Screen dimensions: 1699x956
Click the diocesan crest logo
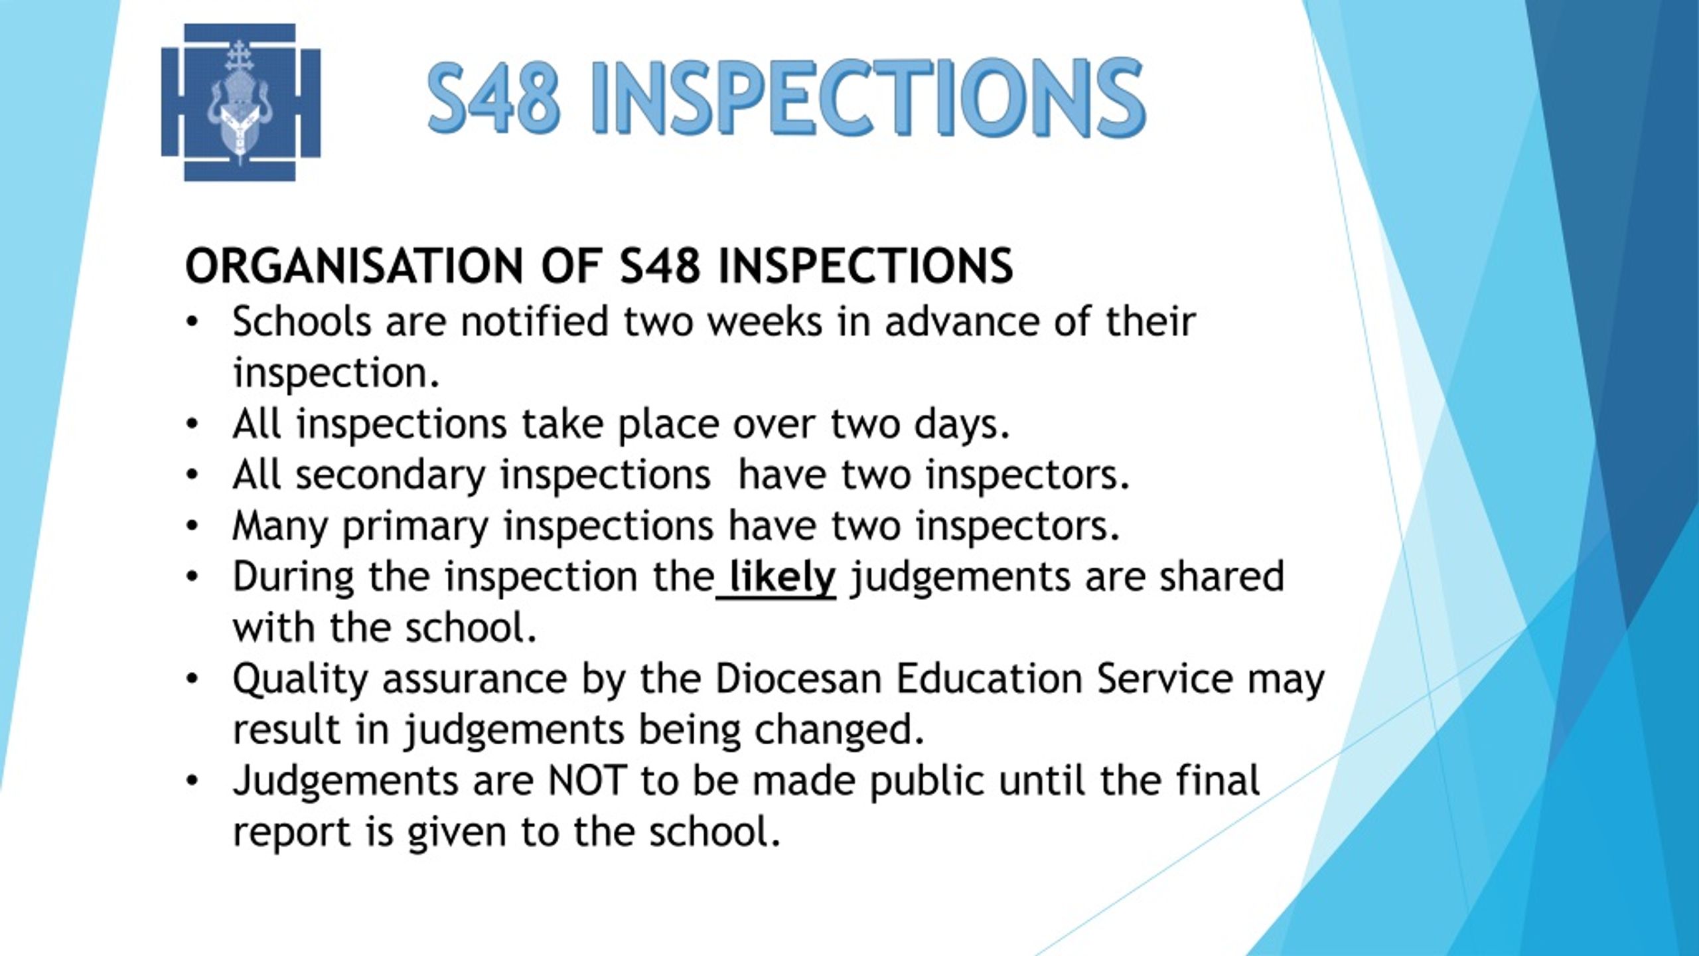241,102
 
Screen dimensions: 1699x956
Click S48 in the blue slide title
494,98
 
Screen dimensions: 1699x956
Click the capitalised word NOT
587,781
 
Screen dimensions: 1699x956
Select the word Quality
300,680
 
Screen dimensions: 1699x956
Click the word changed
840,731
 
